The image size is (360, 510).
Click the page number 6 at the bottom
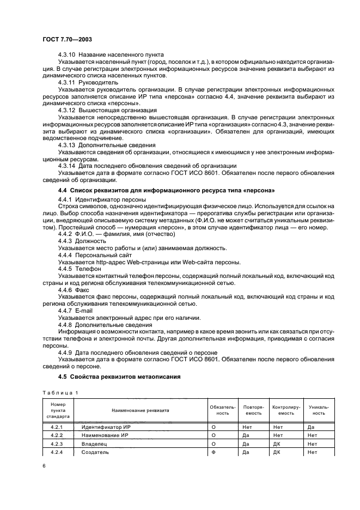(x=44, y=466)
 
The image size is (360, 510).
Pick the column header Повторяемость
(x=254, y=409)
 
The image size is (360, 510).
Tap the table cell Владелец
(x=94, y=444)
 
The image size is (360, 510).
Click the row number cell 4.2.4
(x=57, y=452)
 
